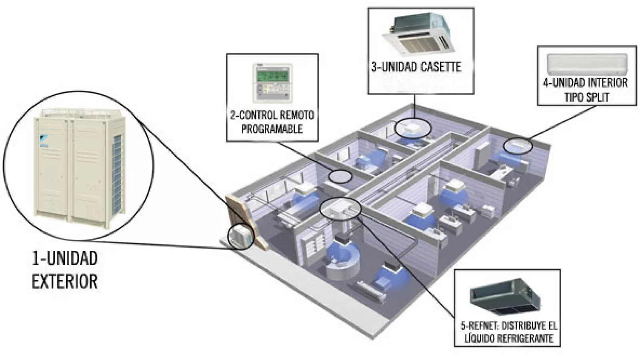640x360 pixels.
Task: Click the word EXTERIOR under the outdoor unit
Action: pos(65,281)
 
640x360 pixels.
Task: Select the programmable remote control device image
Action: pos(272,83)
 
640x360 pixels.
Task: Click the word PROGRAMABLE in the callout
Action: pos(272,129)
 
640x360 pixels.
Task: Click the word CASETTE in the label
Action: pos(442,67)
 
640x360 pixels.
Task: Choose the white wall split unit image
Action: pos(587,63)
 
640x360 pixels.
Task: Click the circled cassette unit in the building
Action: pos(413,128)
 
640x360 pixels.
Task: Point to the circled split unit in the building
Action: pos(518,146)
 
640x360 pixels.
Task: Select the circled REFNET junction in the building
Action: pos(340,208)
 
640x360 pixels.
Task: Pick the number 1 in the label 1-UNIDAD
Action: pos(36,258)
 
